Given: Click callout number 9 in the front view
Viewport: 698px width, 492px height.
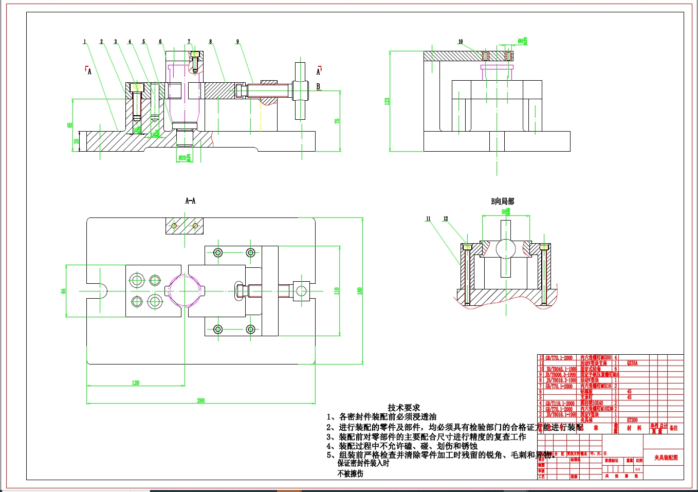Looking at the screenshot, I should [x=237, y=42].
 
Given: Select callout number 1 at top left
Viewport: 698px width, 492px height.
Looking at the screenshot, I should [x=85, y=42].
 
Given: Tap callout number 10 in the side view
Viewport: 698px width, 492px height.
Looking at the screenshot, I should [x=461, y=42].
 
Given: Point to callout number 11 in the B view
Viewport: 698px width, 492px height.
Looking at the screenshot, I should [x=428, y=218].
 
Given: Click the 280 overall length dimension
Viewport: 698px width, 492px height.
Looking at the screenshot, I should [x=200, y=400].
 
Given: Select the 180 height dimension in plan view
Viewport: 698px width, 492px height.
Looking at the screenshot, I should [x=360, y=290].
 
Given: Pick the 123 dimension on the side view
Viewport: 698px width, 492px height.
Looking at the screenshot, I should [x=387, y=101].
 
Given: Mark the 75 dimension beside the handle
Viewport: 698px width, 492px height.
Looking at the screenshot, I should [x=337, y=121].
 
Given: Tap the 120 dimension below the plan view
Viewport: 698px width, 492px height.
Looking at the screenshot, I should [x=136, y=382].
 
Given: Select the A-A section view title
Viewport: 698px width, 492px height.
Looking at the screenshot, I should [x=190, y=201].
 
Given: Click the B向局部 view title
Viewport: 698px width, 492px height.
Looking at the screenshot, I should [x=502, y=202].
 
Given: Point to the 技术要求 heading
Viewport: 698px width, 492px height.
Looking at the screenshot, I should [x=403, y=408].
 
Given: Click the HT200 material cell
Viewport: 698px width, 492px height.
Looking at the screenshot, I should [x=632, y=420].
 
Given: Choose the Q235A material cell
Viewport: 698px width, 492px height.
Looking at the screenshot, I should [x=632, y=363].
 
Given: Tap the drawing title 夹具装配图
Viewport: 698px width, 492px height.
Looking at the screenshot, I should [x=666, y=457].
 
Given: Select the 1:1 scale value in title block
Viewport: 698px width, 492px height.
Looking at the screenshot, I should [x=637, y=469].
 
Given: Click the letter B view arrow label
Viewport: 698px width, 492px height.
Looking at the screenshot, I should [x=318, y=86].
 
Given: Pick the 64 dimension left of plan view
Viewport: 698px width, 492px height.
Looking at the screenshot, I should [x=64, y=290].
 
